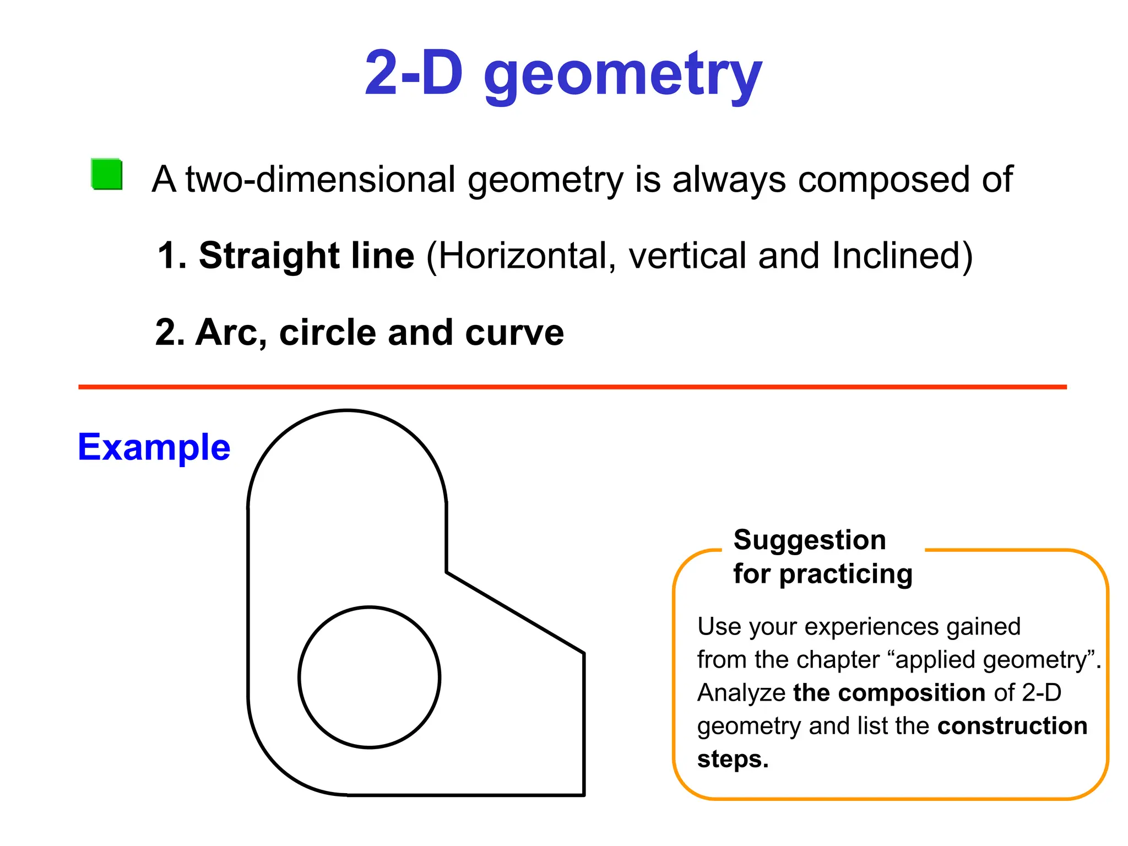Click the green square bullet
click(107, 174)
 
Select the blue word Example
click(154, 447)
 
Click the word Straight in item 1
click(269, 256)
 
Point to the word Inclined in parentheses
click(897, 256)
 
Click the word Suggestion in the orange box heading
click(810, 540)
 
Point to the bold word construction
click(1012, 726)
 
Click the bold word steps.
click(733, 759)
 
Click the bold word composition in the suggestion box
click(889, 693)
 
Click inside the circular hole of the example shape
click(370, 677)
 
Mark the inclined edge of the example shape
click(515, 613)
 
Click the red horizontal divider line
click(573, 387)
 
